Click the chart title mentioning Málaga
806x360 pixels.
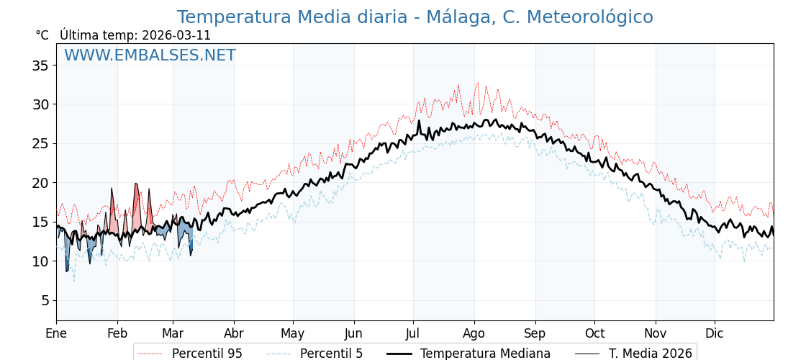click(x=415, y=17)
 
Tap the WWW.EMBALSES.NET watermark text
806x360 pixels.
click(x=150, y=55)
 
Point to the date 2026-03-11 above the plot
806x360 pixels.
click(x=176, y=35)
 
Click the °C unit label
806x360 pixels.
click(x=42, y=35)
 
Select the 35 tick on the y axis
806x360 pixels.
click(x=40, y=66)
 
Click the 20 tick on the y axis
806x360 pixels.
click(x=40, y=183)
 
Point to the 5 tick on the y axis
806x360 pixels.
click(x=44, y=300)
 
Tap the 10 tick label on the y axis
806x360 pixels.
click(x=40, y=261)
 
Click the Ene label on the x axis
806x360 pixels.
click(x=56, y=333)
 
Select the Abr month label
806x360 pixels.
click(x=233, y=333)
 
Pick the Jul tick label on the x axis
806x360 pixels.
click(x=413, y=333)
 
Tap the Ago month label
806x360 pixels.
click(x=474, y=333)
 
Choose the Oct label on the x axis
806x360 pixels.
click(x=594, y=333)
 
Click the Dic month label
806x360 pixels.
click(x=715, y=333)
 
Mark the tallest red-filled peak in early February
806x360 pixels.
click(x=135, y=184)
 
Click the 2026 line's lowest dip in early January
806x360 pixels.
click(x=67, y=271)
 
